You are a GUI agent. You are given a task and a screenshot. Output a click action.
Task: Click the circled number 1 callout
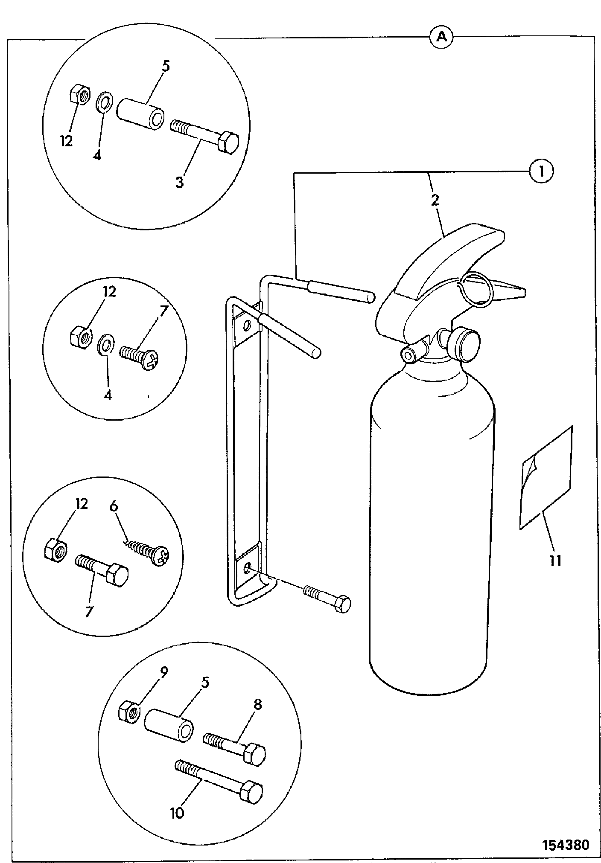tap(542, 172)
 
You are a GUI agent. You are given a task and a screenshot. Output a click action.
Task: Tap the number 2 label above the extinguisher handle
tap(435, 200)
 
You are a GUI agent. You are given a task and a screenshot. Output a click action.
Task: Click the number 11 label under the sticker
tap(555, 560)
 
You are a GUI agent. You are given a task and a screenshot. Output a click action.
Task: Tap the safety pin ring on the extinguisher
tap(475, 290)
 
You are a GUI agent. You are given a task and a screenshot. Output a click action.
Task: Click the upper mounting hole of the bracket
tap(247, 327)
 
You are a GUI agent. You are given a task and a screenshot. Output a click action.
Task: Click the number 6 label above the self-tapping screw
tap(114, 507)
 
